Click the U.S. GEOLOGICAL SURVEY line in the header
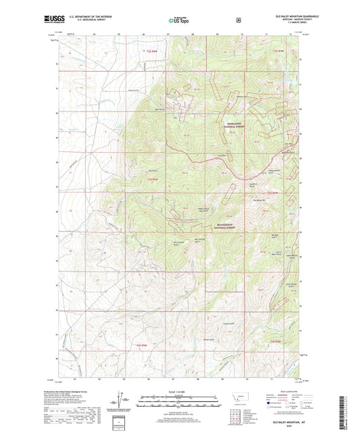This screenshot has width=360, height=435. [x=84, y=20]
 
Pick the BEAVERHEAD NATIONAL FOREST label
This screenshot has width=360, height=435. [x=232, y=224]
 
